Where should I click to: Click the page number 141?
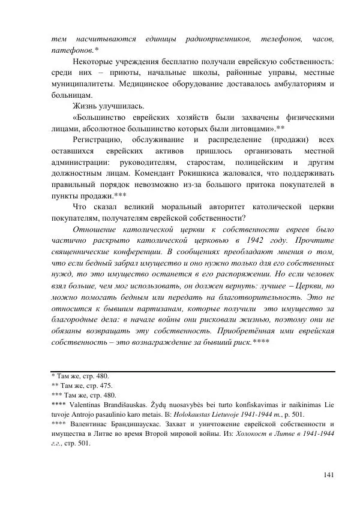pyautogui.click(x=328, y=475)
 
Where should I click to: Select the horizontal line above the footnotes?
pyautogui.click(x=192, y=372)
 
